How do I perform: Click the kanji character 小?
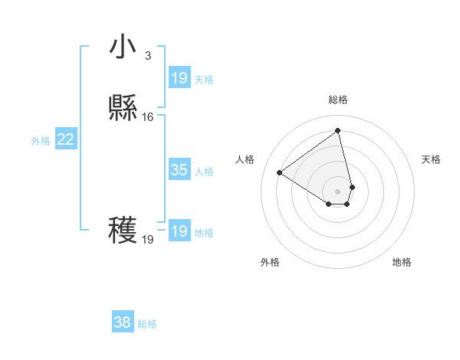pyautogui.click(x=122, y=47)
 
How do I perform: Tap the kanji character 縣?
pyautogui.click(x=122, y=109)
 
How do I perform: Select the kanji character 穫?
pyautogui.click(x=122, y=231)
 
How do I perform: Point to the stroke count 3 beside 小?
pyautogui.click(x=148, y=55)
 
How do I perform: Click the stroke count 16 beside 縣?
pyautogui.click(x=148, y=117)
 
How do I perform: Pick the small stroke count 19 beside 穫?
pyautogui.click(x=148, y=240)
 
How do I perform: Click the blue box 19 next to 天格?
pyautogui.click(x=179, y=78)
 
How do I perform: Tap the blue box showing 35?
pyautogui.click(x=179, y=170)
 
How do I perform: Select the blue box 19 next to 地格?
pyautogui.click(x=179, y=231)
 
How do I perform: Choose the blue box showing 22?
pyautogui.click(x=66, y=139)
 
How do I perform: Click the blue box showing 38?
pyautogui.click(x=123, y=323)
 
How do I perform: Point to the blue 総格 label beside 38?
pyautogui.click(x=147, y=324)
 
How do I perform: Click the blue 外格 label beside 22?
pyautogui.click(x=41, y=140)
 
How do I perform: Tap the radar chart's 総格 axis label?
pyautogui.click(x=338, y=100)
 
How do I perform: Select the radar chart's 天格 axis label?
pyautogui.click(x=432, y=159)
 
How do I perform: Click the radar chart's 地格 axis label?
pyautogui.click(x=402, y=262)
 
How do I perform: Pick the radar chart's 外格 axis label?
pyautogui.click(x=270, y=262)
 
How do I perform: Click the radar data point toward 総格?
pyautogui.click(x=338, y=130)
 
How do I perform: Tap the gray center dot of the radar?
pyautogui.click(x=338, y=191)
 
